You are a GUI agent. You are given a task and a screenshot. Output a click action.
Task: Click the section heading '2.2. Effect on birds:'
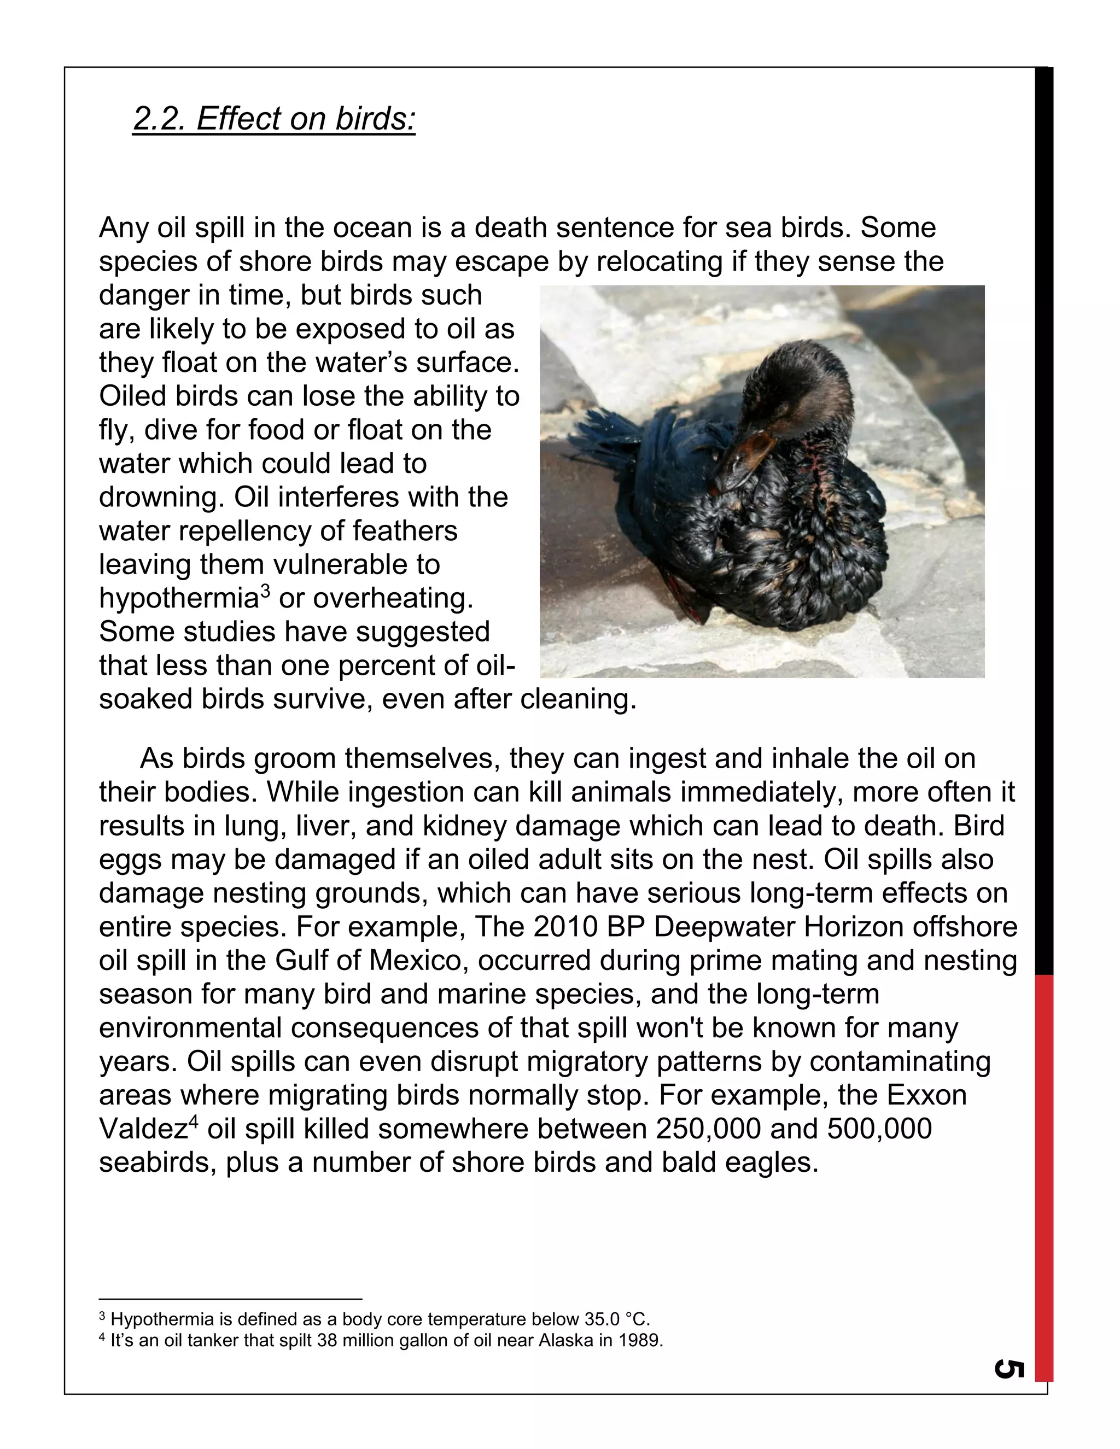click(x=273, y=119)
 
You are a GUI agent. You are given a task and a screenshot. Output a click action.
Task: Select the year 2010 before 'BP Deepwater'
click(x=565, y=927)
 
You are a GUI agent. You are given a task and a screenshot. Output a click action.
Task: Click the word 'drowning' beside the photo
click(x=160, y=498)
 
